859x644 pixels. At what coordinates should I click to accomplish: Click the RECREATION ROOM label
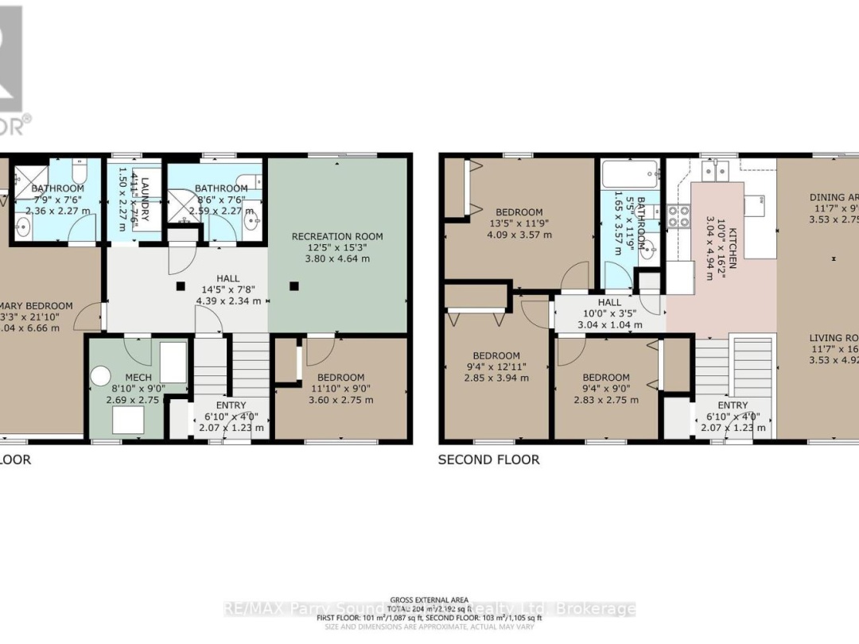(337, 236)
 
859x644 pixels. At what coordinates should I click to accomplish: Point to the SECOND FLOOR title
(488, 460)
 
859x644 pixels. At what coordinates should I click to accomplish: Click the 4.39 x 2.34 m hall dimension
(228, 301)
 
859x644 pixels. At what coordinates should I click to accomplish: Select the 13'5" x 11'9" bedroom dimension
(519, 223)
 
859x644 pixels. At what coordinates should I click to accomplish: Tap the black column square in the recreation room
(293, 285)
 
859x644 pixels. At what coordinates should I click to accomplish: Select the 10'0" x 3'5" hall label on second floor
(610, 313)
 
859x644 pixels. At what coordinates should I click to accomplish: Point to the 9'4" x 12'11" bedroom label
(496, 367)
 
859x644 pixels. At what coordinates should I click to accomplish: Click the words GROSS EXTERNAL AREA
(429, 599)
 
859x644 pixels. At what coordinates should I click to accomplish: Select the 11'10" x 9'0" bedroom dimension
(340, 389)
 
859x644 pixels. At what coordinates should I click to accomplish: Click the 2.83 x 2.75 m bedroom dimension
(606, 400)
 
